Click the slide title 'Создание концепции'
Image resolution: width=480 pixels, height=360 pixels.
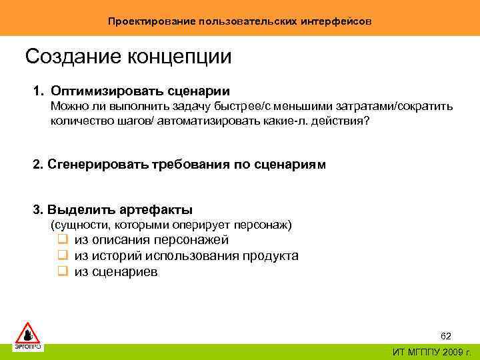[x=128, y=57]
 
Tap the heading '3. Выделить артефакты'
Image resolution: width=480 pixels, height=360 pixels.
[x=113, y=210]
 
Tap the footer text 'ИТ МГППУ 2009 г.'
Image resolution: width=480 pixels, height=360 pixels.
[x=431, y=353]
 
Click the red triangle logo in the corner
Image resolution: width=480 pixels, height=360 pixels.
[x=28, y=332]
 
